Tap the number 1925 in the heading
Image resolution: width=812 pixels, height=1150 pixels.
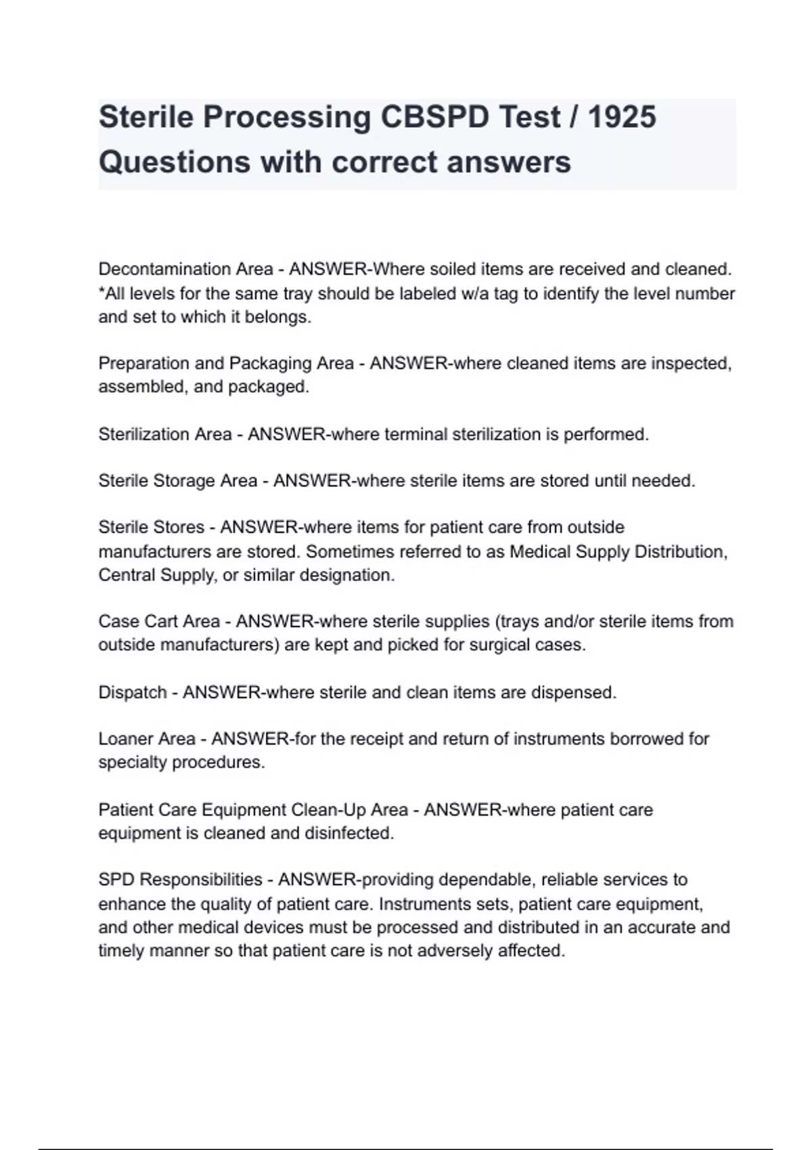pos(622,117)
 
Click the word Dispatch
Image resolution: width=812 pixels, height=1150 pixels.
pos(133,693)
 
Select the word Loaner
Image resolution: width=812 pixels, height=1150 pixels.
pos(129,739)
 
